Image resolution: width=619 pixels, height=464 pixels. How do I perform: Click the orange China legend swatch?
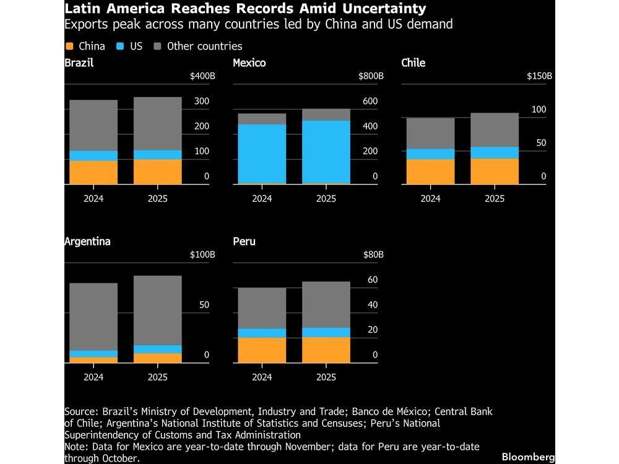click(69, 46)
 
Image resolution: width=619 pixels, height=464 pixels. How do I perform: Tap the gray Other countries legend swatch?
click(157, 46)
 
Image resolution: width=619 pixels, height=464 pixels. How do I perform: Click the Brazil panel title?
click(79, 62)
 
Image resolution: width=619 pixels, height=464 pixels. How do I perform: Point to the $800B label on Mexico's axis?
click(371, 76)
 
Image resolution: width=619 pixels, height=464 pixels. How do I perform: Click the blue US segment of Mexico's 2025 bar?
click(326, 152)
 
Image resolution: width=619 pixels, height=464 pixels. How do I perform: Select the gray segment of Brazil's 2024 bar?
click(93, 125)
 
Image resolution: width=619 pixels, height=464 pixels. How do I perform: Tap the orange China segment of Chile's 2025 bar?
click(495, 171)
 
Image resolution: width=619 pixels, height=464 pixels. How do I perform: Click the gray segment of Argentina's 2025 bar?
click(158, 309)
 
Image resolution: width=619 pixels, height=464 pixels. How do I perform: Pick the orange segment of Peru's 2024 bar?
click(262, 350)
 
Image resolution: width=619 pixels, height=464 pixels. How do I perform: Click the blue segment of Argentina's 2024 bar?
click(93, 354)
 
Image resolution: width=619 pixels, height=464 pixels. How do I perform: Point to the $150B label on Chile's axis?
click(539, 76)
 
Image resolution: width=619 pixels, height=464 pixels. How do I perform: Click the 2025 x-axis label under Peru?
click(326, 377)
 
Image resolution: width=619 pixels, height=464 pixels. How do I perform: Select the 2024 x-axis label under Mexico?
click(262, 199)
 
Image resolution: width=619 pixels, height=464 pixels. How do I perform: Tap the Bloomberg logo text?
click(528, 456)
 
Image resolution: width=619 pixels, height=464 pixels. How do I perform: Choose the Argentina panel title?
click(87, 241)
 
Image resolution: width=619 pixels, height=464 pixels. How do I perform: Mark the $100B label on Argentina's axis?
click(202, 255)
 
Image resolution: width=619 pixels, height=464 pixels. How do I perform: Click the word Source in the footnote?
click(80, 411)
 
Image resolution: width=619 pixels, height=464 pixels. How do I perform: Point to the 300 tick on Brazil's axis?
click(202, 101)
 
